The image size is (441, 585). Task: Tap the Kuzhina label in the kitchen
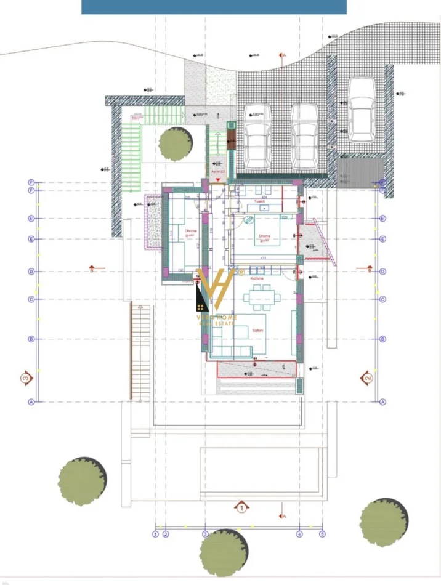[257, 279]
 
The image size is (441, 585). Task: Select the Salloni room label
[257, 331]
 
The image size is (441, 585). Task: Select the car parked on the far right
[362, 109]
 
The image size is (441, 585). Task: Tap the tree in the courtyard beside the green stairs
[175, 144]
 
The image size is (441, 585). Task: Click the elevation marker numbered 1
[241, 507]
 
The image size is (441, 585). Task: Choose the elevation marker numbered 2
[367, 377]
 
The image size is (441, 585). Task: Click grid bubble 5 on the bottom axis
[322, 534]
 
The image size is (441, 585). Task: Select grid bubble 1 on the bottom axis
[156, 534]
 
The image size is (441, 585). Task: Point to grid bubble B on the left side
[31, 339]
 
